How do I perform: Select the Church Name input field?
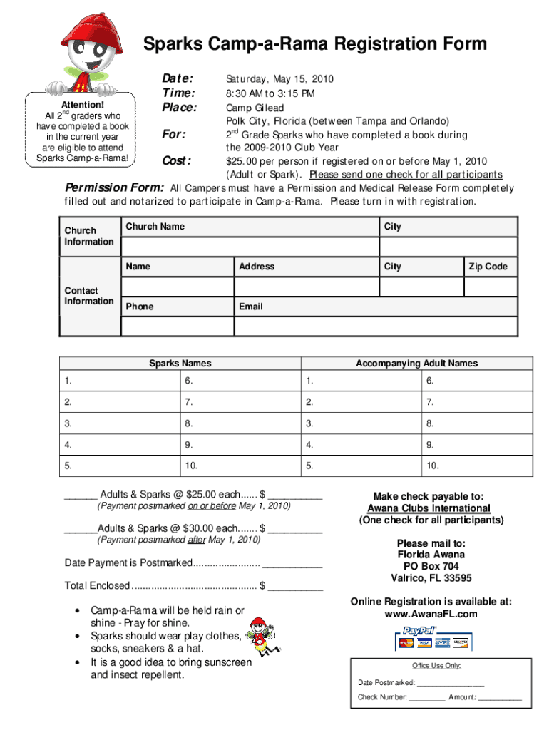250,246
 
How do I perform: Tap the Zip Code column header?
488,267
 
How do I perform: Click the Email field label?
250,307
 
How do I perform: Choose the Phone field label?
139,307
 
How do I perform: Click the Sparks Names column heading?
180,363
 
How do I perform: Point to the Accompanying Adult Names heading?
416,363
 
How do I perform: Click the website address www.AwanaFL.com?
431,614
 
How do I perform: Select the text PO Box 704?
431,566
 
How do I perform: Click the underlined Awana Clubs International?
429,508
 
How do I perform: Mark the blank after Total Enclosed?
295,586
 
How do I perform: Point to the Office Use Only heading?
436,666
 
